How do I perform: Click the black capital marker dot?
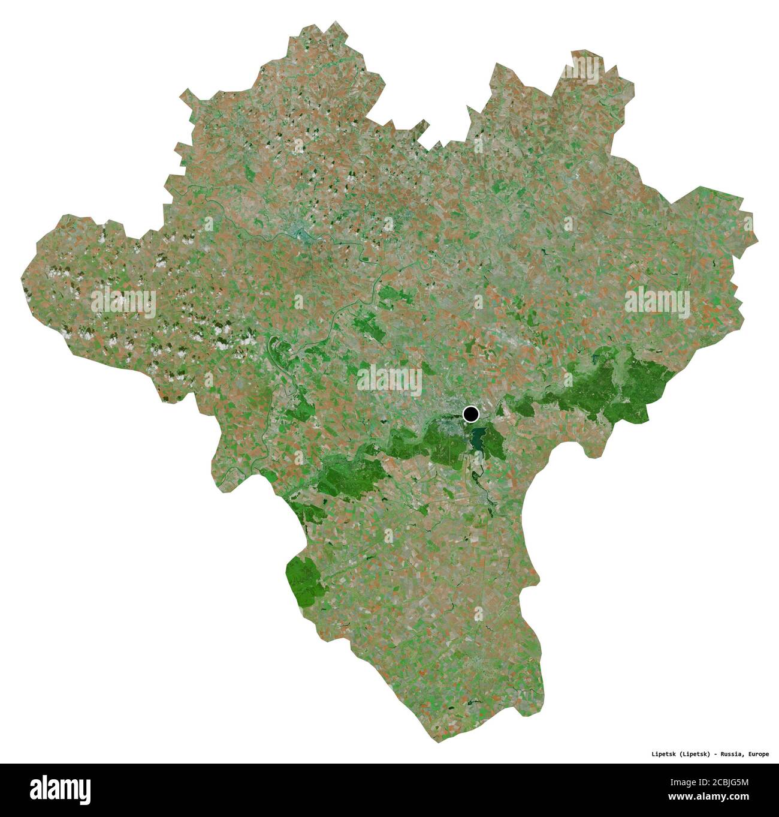471,413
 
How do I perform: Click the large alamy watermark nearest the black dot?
389,379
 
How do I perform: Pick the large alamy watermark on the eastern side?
657,301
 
